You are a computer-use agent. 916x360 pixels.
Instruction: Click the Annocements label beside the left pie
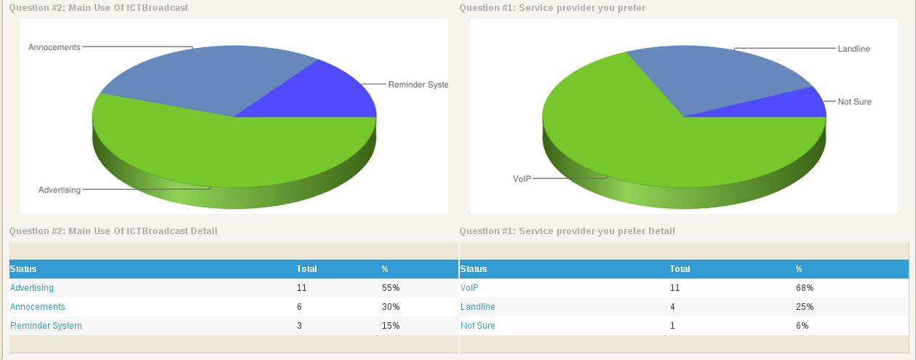(54, 47)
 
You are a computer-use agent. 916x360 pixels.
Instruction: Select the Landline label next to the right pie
(853, 49)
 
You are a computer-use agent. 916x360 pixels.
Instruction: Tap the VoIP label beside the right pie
(522, 178)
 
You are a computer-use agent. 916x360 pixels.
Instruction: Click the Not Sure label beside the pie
(854, 102)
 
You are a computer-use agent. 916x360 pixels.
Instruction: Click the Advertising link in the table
(32, 288)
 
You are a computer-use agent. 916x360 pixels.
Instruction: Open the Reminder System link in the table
(46, 326)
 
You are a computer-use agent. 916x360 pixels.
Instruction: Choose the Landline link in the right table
(478, 307)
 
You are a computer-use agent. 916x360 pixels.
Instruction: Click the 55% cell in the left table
(391, 288)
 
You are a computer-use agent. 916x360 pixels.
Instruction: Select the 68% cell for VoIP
(805, 288)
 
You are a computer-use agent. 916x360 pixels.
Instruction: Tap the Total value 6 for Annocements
(299, 307)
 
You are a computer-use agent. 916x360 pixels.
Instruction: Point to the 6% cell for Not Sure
(802, 326)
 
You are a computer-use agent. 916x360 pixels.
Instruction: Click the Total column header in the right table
(680, 269)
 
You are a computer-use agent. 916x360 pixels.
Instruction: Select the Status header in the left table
(23, 269)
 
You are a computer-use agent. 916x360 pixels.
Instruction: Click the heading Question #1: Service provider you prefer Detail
(567, 231)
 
